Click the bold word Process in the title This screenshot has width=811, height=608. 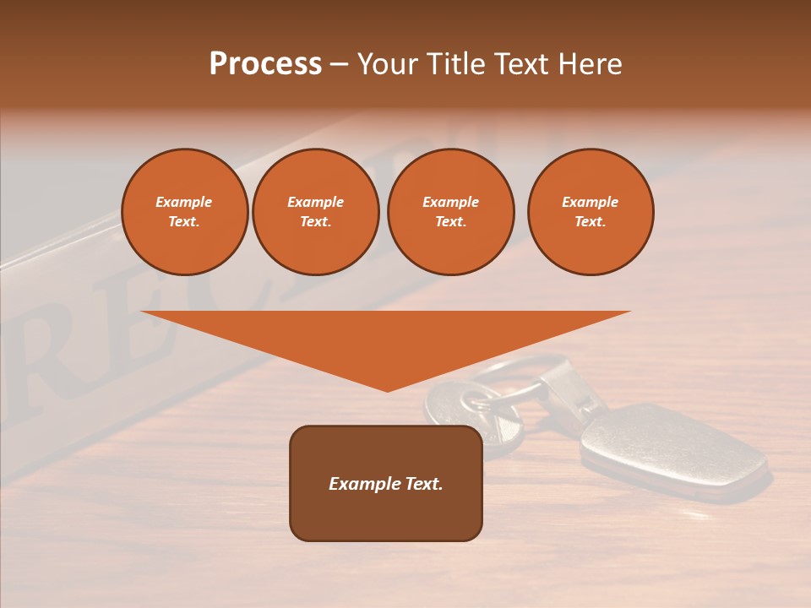(265, 64)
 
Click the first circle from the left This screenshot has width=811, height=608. (184, 212)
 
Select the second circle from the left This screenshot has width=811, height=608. (315, 212)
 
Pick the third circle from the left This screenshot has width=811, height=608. (450, 212)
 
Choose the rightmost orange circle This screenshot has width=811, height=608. (590, 212)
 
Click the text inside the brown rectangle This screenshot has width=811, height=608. (386, 484)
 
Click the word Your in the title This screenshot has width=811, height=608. (387, 64)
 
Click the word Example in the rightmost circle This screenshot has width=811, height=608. (590, 202)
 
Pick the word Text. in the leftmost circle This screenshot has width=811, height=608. (184, 222)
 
